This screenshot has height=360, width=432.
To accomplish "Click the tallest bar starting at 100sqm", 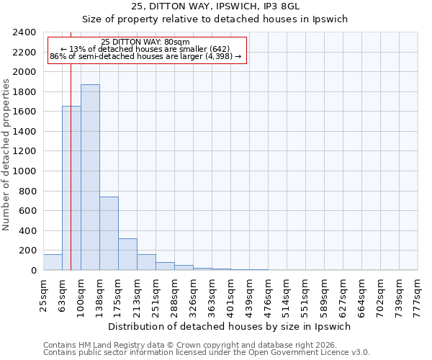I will coord(90,177).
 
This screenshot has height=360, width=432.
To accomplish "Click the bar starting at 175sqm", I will coord(127,254).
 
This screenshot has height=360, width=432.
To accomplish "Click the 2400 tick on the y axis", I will coord(24,33).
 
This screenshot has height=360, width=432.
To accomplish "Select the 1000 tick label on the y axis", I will coord(24,171).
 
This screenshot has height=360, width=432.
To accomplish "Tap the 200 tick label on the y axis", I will coord(27,251).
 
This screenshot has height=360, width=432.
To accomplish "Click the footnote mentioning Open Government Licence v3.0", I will coord(206,353).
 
